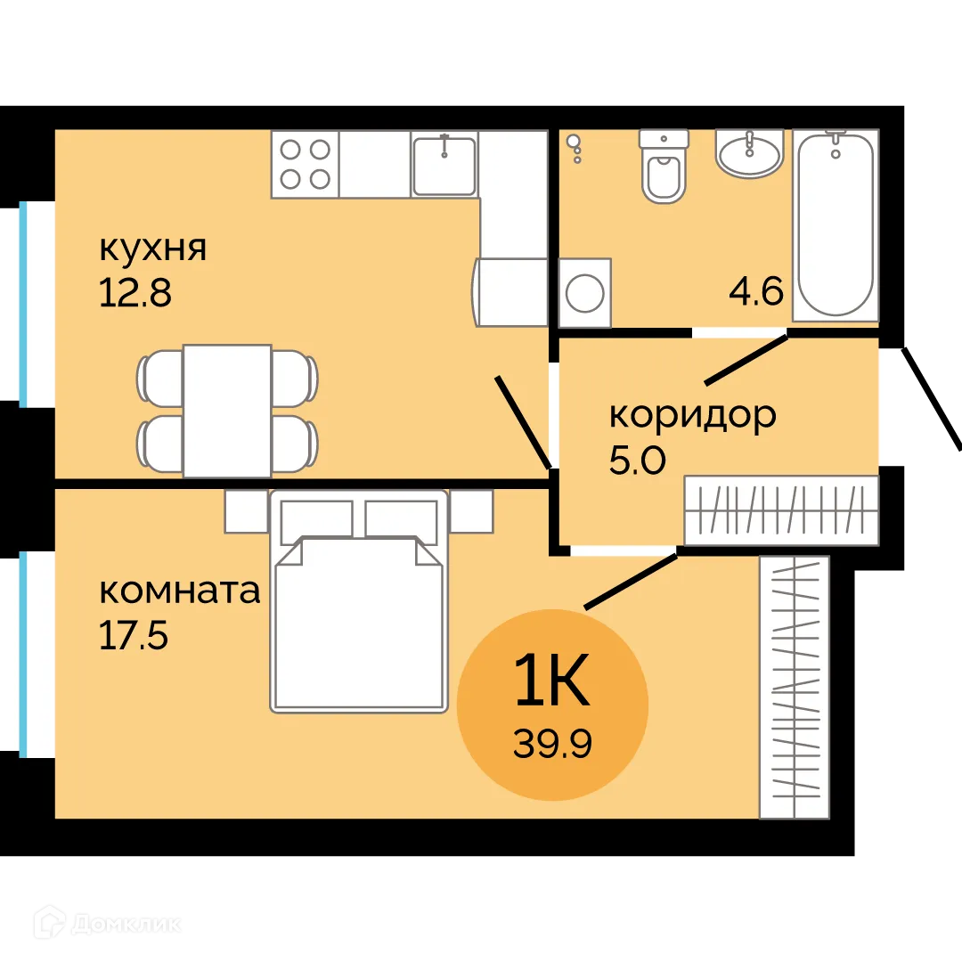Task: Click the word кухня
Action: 152,249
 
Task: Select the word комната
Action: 179,591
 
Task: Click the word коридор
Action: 692,415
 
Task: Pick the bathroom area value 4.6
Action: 755,291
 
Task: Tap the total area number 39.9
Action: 552,741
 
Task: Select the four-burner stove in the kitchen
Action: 305,164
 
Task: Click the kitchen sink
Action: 444,164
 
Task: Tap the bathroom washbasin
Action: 749,153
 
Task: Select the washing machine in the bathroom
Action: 584,292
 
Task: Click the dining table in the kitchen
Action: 227,411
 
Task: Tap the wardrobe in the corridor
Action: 781,510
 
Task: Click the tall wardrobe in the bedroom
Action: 794,687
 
